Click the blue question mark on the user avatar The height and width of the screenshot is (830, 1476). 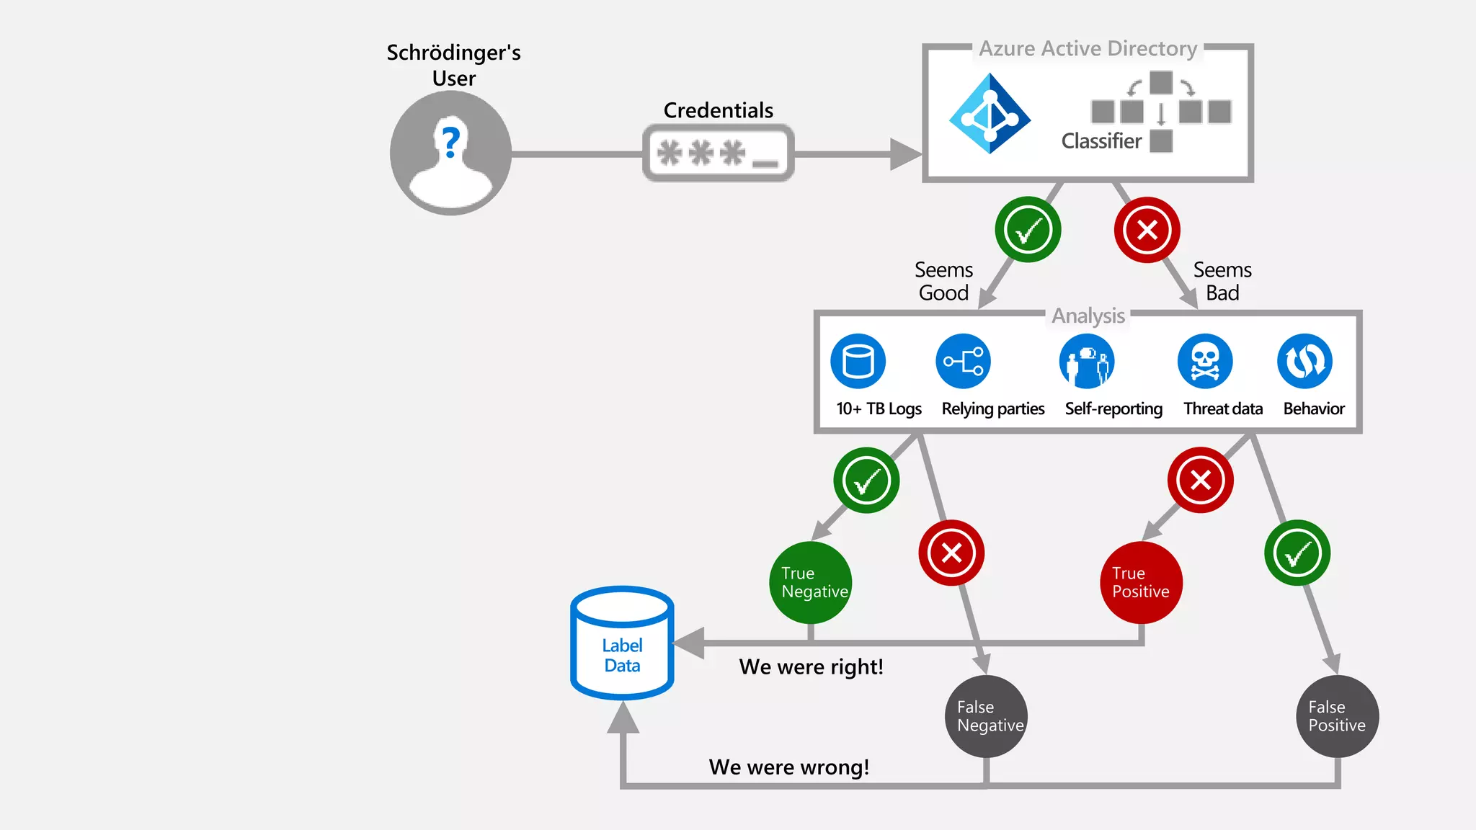pos(451,142)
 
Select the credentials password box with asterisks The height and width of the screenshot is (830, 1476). pos(718,153)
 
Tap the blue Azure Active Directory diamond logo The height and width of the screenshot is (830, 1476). pos(990,114)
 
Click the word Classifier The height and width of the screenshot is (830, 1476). pos(1101,141)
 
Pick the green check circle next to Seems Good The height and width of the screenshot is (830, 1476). pos(1028,230)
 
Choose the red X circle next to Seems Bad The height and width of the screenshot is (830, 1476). pos(1147,230)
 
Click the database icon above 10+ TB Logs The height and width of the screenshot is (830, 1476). pos(858,361)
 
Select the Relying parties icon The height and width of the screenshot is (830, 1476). pos(963,361)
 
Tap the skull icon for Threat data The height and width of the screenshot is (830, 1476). pos(1205,361)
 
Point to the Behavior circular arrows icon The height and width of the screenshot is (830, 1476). pos(1304,361)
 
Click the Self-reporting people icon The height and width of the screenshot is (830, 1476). pos(1087,361)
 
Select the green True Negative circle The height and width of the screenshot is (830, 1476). pos(811,582)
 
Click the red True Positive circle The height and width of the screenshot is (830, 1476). pos(1142,582)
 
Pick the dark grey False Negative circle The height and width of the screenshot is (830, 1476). pos(986,716)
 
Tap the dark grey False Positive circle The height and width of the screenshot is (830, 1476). pos(1338,716)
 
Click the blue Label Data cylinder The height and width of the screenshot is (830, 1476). pos(622,643)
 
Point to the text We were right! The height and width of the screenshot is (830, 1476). pos(811,667)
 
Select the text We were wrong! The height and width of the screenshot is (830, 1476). pos(789,767)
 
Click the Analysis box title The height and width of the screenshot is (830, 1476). pos(1088,316)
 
